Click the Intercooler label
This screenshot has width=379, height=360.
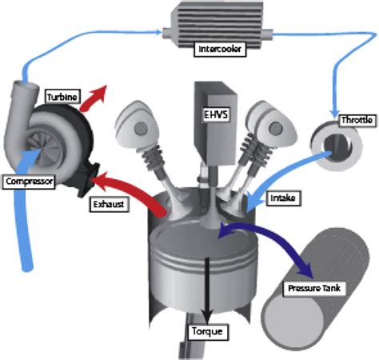[220, 49]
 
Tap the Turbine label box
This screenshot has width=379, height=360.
[63, 97]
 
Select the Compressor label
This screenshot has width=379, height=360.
[29, 182]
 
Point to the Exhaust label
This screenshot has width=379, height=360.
[109, 204]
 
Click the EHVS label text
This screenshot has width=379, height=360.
[216, 114]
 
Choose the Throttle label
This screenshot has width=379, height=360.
[357, 120]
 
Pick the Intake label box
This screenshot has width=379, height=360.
[283, 198]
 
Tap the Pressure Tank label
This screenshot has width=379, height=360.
[314, 288]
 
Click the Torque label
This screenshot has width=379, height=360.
[207, 331]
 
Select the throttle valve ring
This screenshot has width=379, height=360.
[337, 146]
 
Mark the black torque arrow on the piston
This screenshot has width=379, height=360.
[207, 290]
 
